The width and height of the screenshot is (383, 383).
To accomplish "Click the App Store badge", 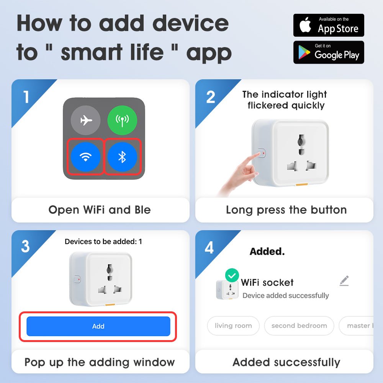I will (329, 25).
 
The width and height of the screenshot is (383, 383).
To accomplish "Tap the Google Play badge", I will (329, 52).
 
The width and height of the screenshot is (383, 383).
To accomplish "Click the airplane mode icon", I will (86, 120).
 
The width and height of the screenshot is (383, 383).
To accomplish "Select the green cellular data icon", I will (122, 120).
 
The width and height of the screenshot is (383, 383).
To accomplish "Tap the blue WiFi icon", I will (86, 157).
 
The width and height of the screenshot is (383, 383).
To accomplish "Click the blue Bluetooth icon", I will (122, 157).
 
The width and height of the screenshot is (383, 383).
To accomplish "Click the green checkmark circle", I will (232, 275).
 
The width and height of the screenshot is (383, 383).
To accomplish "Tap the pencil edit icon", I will (344, 281).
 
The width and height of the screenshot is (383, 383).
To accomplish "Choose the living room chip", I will (233, 326).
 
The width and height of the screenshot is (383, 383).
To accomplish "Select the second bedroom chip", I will (299, 326).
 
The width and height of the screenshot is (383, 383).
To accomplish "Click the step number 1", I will (26, 97).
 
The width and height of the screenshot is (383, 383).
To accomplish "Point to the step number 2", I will (211, 97).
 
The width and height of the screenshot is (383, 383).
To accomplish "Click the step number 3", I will (25, 247).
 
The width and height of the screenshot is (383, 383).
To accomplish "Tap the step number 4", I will (209, 248).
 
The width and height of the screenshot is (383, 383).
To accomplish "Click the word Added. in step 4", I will (267, 252).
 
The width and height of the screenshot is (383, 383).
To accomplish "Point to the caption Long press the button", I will (286, 210).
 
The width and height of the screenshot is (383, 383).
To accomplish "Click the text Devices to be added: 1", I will (103, 242).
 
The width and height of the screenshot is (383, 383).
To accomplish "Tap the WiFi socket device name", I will (267, 283).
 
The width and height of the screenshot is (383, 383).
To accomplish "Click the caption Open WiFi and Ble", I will (100, 210).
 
